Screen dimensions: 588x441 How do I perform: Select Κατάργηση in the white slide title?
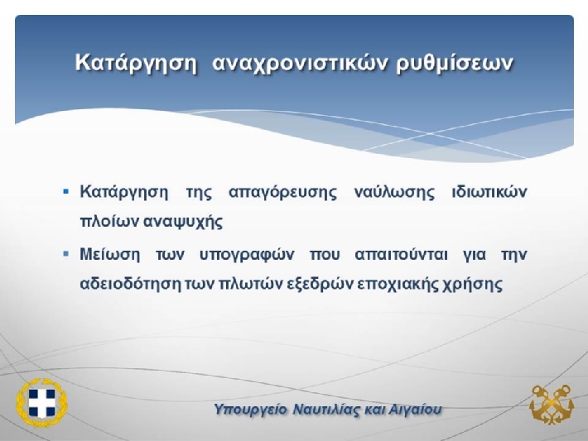(x=136, y=63)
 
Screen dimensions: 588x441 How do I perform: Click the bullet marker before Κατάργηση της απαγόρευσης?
(x=66, y=192)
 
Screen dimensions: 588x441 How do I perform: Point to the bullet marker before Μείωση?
(x=66, y=254)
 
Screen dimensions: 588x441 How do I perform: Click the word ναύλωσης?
(x=394, y=192)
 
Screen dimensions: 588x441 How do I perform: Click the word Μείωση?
(x=110, y=254)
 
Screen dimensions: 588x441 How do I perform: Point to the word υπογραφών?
(x=246, y=256)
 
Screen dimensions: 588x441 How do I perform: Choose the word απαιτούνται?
(x=402, y=255)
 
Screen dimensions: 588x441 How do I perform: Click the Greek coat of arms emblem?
(x=41, y=403)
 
